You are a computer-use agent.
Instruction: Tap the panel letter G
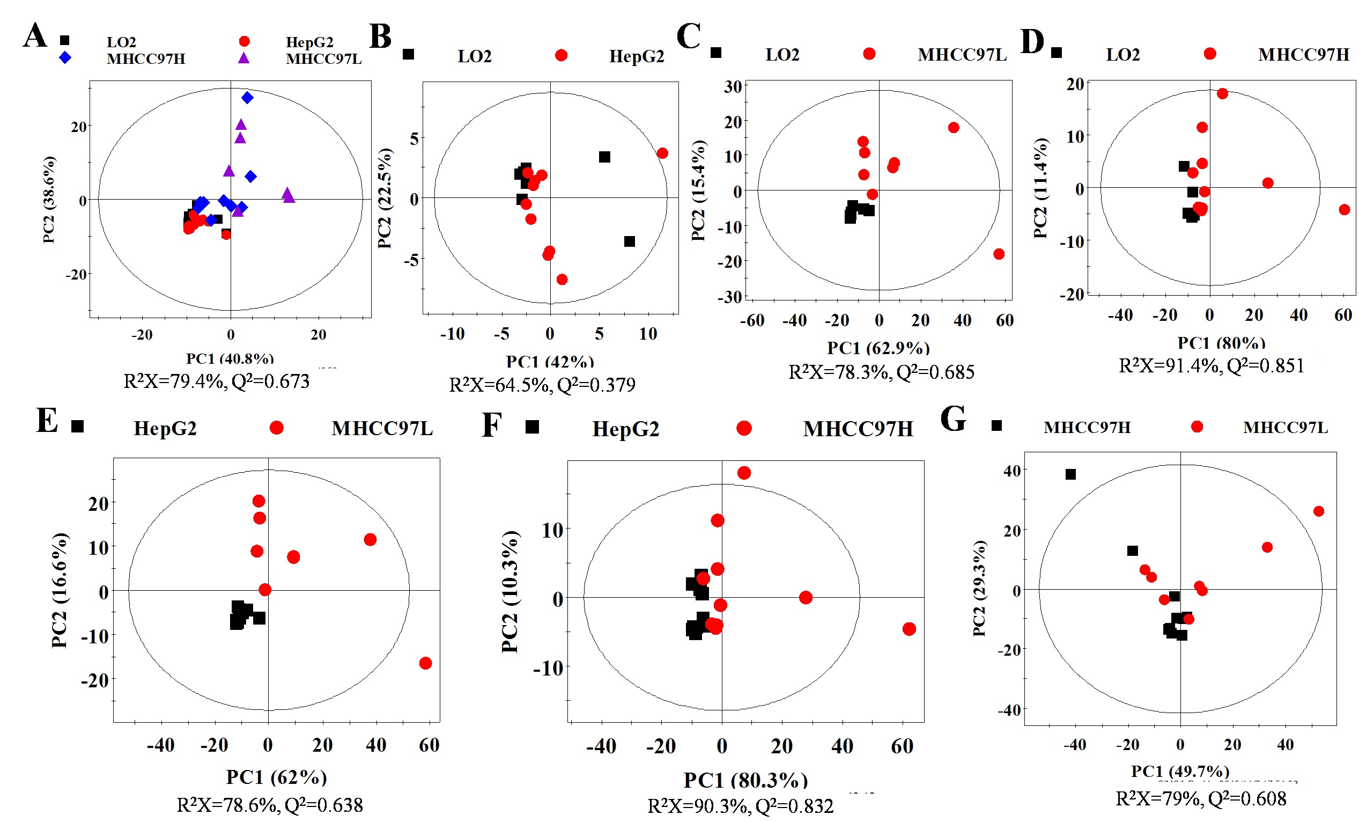pyautogui.click(x=953, y=419)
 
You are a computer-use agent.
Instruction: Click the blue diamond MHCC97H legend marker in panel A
pyautogui.click(x=65, y=57)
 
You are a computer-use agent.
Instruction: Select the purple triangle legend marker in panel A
pyautogui.click(x=244, y=58)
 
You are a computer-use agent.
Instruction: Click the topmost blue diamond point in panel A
pyautogui.click(x=248, y=98)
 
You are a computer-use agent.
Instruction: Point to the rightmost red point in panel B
pyautogui.click(x=662, y=153)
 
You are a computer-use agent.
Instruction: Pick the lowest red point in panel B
pyautogui.click(x=562, y=280)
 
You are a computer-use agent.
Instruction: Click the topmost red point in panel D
pyautogui.click(x=1223, y=94)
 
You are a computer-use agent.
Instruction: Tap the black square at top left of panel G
pyautogui.click(x=1070, y=474)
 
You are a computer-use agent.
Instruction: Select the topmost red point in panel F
pyautogui.click(x=744, y=473)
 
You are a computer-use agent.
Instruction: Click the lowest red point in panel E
pyautogui.click(x=425, y=663)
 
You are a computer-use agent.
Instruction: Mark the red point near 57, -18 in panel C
pyautogui.click(x=999, y=254)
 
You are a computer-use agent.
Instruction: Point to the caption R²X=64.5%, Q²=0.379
pyautogui.click(x=542, y=385)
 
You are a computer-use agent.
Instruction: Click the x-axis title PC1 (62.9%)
pyautogui.click(x=878, y=348)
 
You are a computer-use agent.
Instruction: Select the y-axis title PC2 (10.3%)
pyautogui.click(x=509, y=591)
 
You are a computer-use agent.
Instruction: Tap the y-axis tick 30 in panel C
pyautogui.click(x=733, y=86)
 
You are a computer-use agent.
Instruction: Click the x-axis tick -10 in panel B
pyautogui.click(x=452, y=334)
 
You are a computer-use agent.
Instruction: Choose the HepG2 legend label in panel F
pyautogui.click(x=625, y=429)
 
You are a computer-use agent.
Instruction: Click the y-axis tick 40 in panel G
pyautogui.click(x=1012, y=471)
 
